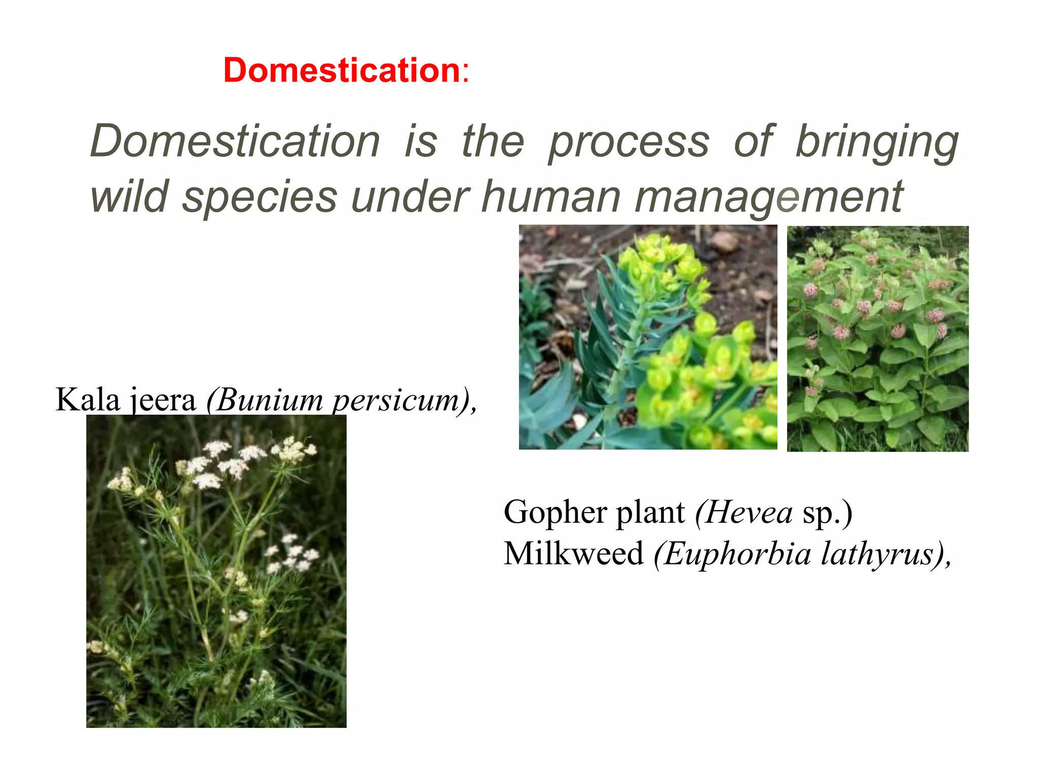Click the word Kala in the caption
pos(87,400)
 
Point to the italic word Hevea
pos(748,512)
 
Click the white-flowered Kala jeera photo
pos(216,571)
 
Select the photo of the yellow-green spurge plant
pos(648,337)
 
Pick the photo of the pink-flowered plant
pos(877,338)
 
